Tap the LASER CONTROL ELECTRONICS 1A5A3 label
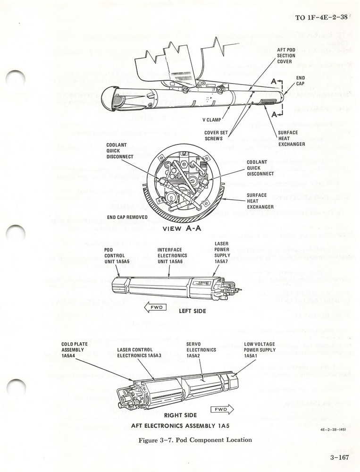click(x=139, y=353)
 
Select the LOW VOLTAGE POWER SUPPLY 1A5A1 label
click(x=259, y=350)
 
